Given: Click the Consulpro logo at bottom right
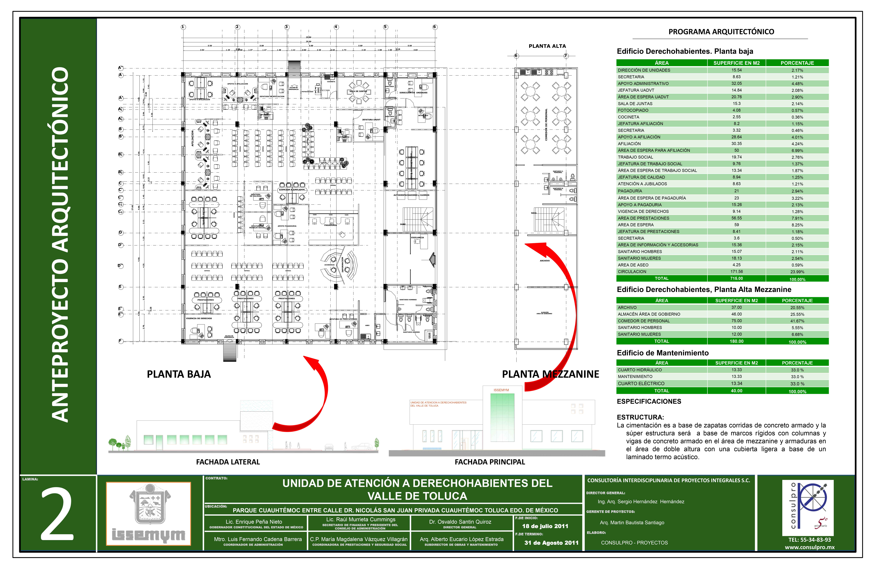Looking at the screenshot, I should pos(807,507).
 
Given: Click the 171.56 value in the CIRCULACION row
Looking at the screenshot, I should pos(736,272).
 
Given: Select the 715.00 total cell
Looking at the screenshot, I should pos(736,278).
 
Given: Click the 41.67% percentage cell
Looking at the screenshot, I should pos(797,321).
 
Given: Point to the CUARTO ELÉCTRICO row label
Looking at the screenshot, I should pos(641,383).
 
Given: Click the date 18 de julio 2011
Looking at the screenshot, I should pos(545,526).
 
